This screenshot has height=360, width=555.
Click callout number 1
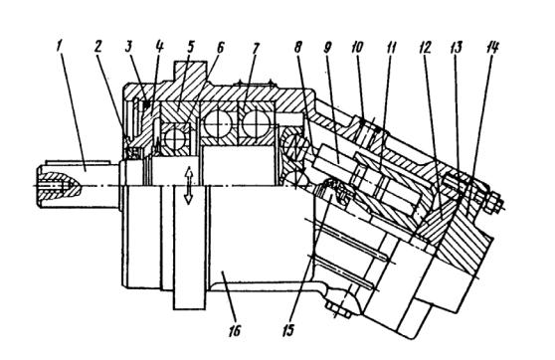(60, 47)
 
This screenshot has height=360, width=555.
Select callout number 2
(99, 47)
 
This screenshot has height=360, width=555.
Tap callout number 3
(130, 47)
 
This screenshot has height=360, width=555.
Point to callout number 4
(159, 47)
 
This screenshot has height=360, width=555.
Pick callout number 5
(191, 47)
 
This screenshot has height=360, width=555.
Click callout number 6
(220, 47)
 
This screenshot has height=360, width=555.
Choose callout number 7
(256, 47)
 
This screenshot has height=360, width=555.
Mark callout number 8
(298, 47)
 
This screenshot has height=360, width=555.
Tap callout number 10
(357, 47)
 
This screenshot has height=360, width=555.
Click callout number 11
(390, 47)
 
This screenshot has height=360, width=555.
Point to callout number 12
(425, 47)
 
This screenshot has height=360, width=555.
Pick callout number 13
(457, 47)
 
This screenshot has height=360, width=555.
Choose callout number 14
(492, 47)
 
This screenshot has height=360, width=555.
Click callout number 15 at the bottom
(288, 330)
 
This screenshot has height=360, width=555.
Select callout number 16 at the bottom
(235, 330)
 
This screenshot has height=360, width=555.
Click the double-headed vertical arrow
(189, 185)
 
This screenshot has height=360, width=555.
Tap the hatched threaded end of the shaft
(60, 184)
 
